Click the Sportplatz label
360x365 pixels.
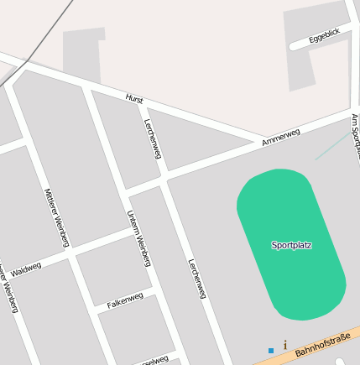tap(291, 245)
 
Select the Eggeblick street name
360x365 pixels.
tap(324, 35)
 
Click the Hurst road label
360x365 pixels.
tap(134, 98)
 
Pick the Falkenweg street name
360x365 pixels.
tap(125, 300)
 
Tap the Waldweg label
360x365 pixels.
tap(25, 270)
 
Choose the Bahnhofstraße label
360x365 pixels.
tap(321, 343)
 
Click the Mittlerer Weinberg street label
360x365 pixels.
tap(55, 216)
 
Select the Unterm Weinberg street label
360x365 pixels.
tap(138, 238)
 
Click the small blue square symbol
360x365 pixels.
tap(271, 350)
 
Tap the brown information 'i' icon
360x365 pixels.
tap(285, 344)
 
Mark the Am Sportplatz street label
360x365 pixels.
tap(355, 134)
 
